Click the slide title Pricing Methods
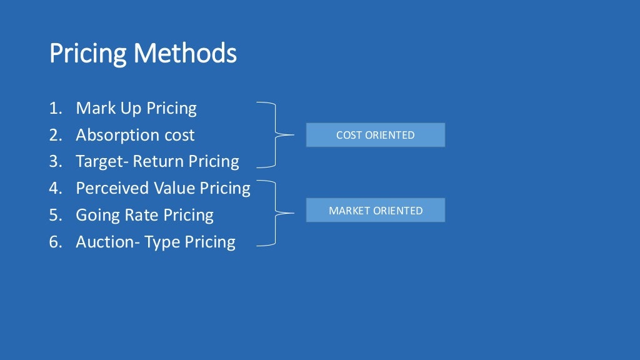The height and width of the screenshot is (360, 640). tap(142, 54)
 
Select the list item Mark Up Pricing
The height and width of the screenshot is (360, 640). tap(136, 109)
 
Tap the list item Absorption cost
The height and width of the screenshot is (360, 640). tap(135, 135)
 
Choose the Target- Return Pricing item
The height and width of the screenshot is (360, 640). tap(157, 162)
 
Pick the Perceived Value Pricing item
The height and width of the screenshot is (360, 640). tap(163, 188)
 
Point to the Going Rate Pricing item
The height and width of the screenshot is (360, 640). tap(144, 215)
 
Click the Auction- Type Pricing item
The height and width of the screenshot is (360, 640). tap(156, 242)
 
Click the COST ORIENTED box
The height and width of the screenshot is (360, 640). tap(375, 135)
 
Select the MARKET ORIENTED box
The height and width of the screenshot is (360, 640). tap(375, 211)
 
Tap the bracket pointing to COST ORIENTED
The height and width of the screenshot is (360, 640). tap(275, 134)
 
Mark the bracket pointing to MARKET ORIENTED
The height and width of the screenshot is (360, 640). tap(275, 213)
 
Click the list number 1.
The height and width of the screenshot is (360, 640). tap(55, 109)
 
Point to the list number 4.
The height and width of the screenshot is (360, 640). tap(55, 188)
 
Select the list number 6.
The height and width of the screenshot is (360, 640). tap(55, 242)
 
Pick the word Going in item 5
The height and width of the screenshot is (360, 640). tap(94, 216)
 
